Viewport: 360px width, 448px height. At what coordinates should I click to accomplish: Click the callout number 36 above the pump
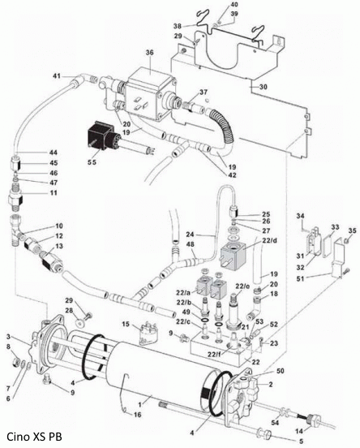point(150,53)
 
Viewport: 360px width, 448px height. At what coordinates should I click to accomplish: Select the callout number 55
point(92,162)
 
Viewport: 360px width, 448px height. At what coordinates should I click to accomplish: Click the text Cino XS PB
point(34,437)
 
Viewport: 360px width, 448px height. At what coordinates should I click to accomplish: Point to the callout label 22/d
point(270,240)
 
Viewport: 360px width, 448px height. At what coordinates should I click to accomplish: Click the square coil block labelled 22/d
point(232,254)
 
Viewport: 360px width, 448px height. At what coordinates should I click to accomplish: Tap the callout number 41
point(57,75)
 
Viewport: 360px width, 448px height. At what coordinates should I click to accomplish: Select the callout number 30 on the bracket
point(263,86)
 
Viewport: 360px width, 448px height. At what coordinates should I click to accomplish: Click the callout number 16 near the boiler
point(137,414)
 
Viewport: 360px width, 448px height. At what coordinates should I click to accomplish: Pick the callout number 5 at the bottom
point(301,442)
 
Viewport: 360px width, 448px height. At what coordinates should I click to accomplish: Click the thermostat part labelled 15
point(148,335)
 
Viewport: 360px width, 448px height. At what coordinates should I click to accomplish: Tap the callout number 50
point(281,371)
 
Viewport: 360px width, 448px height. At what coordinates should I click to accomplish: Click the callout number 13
point(59,246)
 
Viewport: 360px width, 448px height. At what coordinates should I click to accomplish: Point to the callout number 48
point(190,244)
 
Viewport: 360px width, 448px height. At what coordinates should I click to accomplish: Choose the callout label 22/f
point(214,355)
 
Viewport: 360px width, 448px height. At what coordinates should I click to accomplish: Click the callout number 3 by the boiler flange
point(8,336)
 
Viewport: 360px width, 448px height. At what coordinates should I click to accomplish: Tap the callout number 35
point(352,230)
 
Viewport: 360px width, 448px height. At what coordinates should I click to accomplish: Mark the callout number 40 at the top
point(234,5)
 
